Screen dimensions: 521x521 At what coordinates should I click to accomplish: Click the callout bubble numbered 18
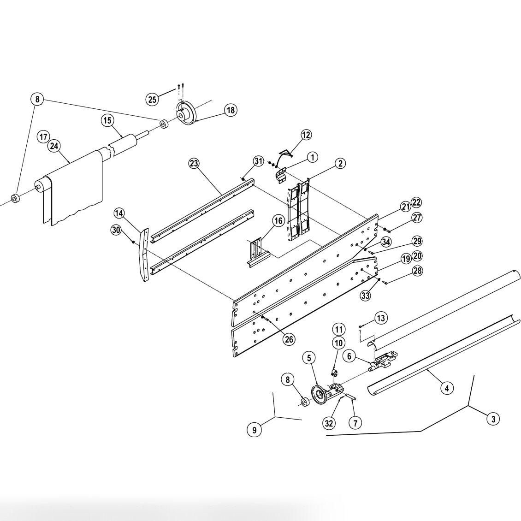[x=231, y=110]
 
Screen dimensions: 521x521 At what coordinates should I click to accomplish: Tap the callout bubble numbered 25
[x=152, y=99]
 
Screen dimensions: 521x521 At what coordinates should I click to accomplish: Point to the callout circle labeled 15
[x=107, y=121]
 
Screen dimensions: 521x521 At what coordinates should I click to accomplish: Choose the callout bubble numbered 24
[x=54, y=146]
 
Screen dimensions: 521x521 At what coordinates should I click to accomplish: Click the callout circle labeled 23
[x=195, y=163]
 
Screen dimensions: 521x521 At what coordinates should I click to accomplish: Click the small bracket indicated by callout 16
[x=255, y=251]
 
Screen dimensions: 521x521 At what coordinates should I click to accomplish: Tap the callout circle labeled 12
[x=306, y=135]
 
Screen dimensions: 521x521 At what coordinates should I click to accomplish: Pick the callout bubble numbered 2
[x=340, y=163]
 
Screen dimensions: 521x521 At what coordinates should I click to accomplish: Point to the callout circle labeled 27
[x=417, y=218]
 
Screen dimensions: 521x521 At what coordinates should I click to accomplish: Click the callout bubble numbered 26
[x=289, y=339]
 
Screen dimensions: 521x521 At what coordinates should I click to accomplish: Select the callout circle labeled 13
[x=381, y=318]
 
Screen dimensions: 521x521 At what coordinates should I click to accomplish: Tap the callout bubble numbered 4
[x=446, y=388]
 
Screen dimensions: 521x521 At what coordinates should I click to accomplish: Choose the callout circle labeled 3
[x=493, y=419]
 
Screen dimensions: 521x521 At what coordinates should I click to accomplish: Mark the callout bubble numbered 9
[x=254, y=430]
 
